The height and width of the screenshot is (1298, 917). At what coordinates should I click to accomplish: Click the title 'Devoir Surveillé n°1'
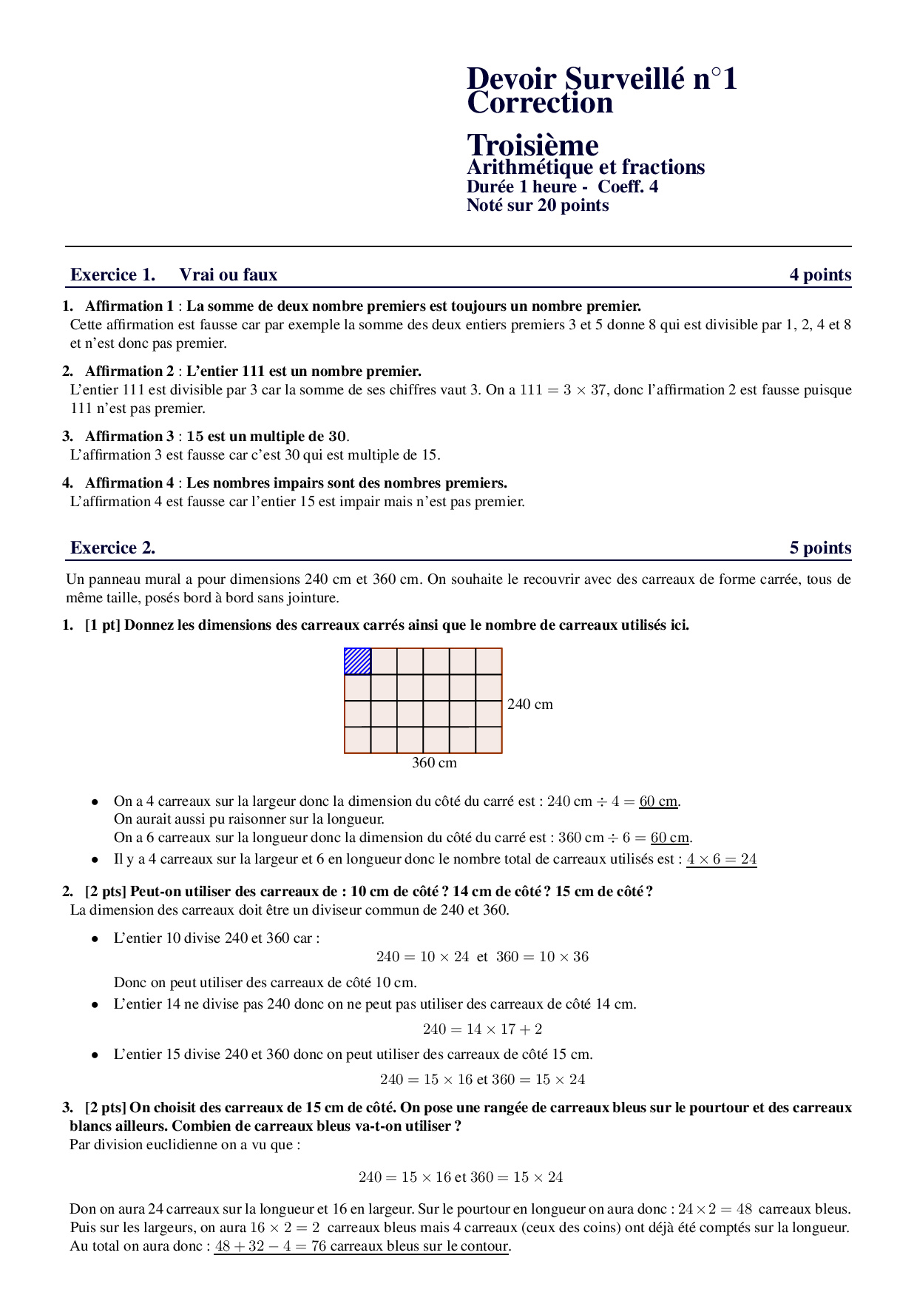(x=601, y=78)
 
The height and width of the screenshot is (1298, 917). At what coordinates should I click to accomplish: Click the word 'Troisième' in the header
(x=532, y=145)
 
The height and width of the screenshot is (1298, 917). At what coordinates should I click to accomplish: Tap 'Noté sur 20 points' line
(x=538, y=205)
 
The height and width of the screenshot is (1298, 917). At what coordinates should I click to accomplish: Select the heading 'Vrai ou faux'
(x=228, y=275)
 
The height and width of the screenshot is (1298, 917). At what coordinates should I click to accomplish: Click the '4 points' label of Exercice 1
(x=820, y=275)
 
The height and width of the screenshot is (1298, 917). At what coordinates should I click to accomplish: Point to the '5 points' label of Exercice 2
(x=820, y=548)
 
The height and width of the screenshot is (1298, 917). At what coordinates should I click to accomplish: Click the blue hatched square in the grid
(x=358, y=662)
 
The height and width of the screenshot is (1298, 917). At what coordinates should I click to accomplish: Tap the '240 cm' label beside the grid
(x=529, y=704)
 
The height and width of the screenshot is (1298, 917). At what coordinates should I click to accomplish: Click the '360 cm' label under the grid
(x=434, y=762)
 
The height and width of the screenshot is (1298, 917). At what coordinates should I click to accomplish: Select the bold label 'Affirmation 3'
(x=129, y=436)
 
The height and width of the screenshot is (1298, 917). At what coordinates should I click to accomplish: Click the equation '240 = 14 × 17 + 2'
(x=482, y=1029)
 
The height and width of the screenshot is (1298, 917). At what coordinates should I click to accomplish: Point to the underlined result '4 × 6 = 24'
(x=721, y=859)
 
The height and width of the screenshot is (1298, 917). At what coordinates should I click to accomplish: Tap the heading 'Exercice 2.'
(x=112, y=548)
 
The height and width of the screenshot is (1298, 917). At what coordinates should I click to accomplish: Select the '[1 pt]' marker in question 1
(x=103, y=625)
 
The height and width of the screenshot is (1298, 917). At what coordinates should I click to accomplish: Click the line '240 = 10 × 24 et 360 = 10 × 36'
(x=482, y=956)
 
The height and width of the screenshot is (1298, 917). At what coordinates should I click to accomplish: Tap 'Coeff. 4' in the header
(x=628, y=186)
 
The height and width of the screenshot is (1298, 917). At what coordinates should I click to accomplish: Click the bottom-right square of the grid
(x=489, y=740)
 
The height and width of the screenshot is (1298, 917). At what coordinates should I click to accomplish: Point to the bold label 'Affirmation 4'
(x=129, y=482)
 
